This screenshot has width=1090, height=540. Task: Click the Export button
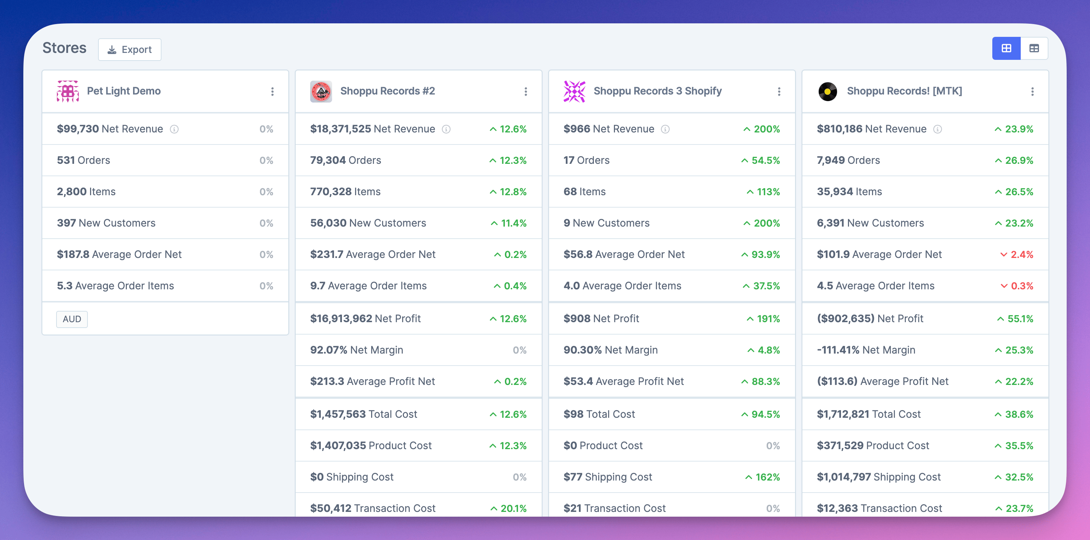[129, 50]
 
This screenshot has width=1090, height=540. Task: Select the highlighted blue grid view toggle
[1006, 48]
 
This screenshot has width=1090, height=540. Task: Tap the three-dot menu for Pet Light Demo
[272, 92]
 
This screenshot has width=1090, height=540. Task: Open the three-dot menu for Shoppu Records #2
[526, 92]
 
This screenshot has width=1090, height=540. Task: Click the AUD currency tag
[72, 319]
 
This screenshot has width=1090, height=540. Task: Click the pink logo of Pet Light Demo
[68, 92]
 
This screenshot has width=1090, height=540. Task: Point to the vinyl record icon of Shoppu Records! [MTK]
[827, 92]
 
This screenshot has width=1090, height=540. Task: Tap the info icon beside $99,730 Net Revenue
[174, 129]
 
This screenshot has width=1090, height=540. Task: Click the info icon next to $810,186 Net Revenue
[938, 129]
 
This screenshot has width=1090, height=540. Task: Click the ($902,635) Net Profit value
[845, 319]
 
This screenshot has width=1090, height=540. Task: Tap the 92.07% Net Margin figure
[328, 350]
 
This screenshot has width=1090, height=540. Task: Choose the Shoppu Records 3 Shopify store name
[657, 91]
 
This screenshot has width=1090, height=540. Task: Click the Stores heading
[64, 48]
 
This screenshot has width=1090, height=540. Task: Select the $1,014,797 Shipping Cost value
[843, 477]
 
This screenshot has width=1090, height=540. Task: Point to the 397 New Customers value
[66, 223]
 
